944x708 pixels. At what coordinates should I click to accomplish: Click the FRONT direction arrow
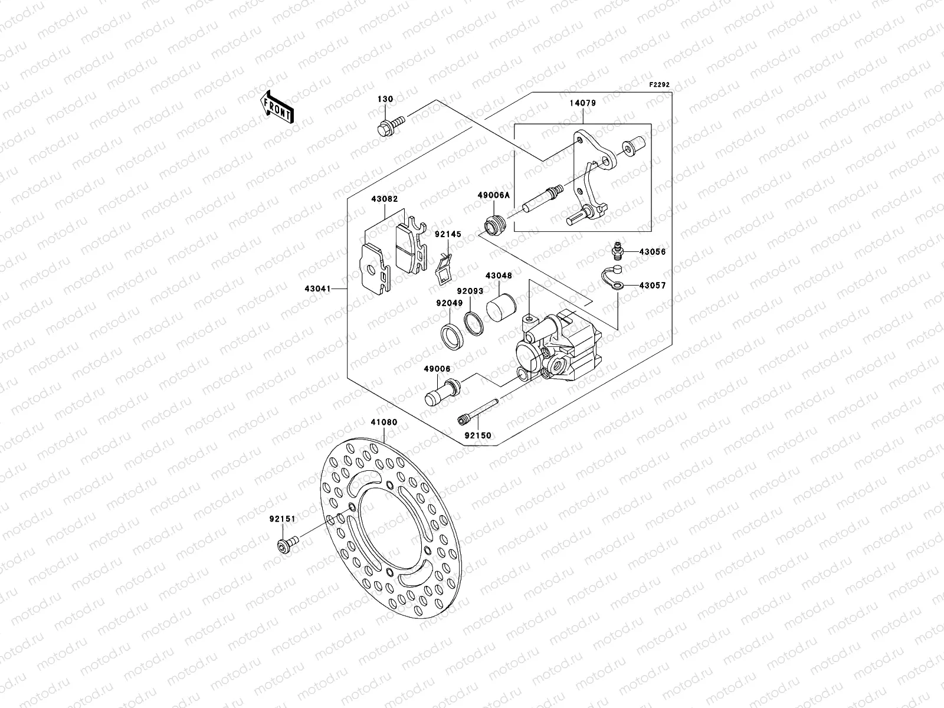point(277,106)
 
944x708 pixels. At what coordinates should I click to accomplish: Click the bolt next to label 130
point(389,125)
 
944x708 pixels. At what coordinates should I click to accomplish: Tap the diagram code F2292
point(660,84)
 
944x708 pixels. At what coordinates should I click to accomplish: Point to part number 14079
point(582,103)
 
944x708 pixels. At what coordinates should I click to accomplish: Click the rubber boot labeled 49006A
point(495,226)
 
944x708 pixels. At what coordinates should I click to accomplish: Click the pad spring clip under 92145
point(444,269)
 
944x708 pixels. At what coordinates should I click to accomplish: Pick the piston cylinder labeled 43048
point(501,307)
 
